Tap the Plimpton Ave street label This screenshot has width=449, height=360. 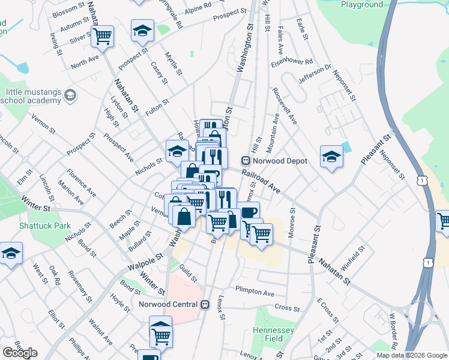pyautogui.click(x=255, y=293)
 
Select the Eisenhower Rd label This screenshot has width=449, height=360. pyautogui.click(x=292, y=62)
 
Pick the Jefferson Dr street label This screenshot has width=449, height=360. pyautogui.click(x=315, y=74)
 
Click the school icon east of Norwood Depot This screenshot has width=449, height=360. pyautogui.click(x=331, y=157)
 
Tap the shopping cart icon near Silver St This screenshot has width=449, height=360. pyautogui.click(x=103, y=36)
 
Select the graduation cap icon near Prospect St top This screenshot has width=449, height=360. pyautogui.click(x=142, y=30)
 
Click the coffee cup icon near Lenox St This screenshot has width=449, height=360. pyautogui.click(x=248, y=212)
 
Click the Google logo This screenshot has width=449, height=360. pyautogui.click(x=20, y=353)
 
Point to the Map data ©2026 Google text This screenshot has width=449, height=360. pyautogui.click(x=412, y=355)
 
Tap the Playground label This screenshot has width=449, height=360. pyautogui.click(x=362, y=4)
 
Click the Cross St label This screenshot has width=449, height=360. pyautogui.click(x=287, y=308)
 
